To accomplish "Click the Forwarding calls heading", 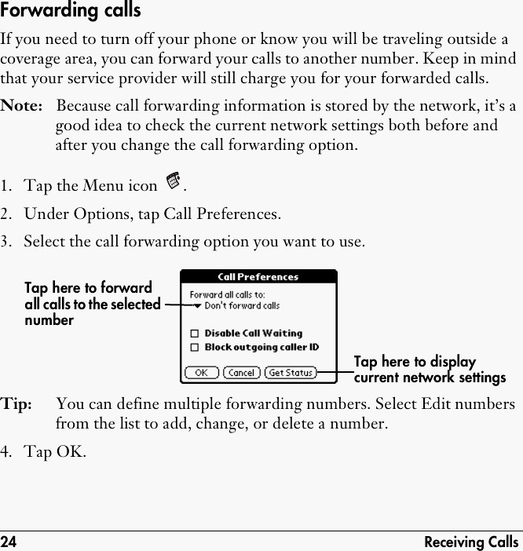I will [x=71, y=11].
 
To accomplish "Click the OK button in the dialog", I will [x=201, y=373].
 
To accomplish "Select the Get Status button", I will [x=291, y=373].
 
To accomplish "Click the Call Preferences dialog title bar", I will [x=258, y=277].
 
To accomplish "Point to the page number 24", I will [x=9, y=542].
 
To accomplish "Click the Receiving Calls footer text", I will [x=471, y=542].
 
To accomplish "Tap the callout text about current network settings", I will [x=430, y=370].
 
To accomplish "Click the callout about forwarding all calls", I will [x=92, y=304].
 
